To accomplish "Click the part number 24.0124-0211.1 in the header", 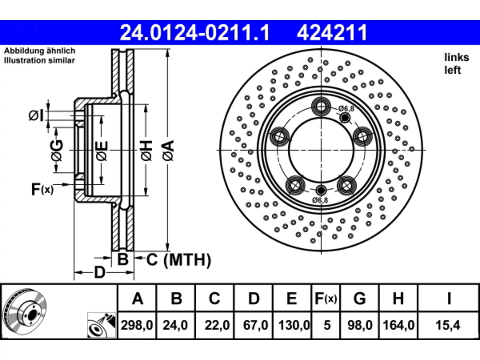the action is pyautogui.click(x=195, y=33).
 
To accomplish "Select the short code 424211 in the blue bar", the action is pyautogui.click(x=332, y=33).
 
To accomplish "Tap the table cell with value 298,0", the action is pyautogui.click(x=137, y=325).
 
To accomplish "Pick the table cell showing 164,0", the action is pyautogui.click(x=398, y=325).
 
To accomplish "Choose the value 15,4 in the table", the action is pyautogui.click(x=448, y=325).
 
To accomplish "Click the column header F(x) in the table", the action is pyautogui.click(x=326, y=298).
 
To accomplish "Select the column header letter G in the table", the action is pyautogui.click(x=360, y=298).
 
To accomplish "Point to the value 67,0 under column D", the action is pyautogui.click(x=255, y=325).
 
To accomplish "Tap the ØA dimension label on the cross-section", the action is pyautogui.click(x=168, y=151).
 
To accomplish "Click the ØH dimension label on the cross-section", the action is pyautogui.click(x=147, y=151).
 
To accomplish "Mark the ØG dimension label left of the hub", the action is pyautogui.click(x=57, y=151).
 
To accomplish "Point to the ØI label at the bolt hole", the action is pyautogui.click(x=36, y=115).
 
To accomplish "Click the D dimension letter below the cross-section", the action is pyautogui.click(x=100, y=273).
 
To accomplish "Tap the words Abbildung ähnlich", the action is pyautogui.click(x=40, y=51).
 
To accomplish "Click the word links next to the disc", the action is pyautogui.click(x=457, y=57).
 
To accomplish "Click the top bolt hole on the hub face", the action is pyautogui.click(x=321, y=106).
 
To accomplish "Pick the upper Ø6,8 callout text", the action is pyautogui.click(x=346, y=109).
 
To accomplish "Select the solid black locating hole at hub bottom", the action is pyautogui.click(x=321, y=190).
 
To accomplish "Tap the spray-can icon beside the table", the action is pyautogui.click(x=102, y=325).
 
